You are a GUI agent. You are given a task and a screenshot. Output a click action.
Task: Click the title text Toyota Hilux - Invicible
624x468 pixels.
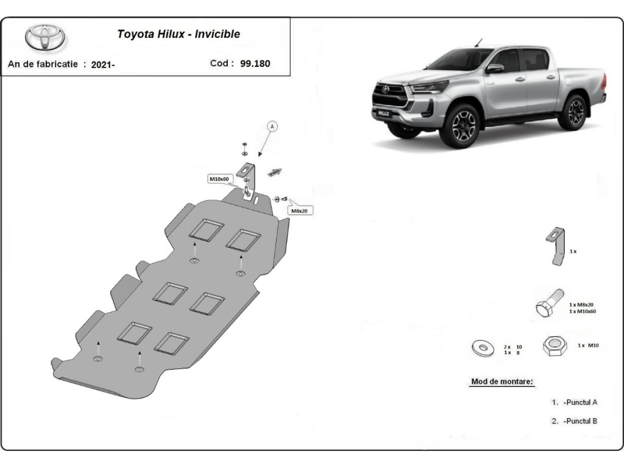tap(179, 34)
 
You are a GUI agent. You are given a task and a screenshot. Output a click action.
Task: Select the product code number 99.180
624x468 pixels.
tap(255, 63)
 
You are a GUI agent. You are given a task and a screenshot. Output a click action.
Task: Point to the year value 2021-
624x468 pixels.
tap(102, 65)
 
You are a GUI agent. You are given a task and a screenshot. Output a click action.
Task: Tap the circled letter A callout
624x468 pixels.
tap(272, 127)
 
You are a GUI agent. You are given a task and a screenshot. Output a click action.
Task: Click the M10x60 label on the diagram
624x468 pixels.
tap(219, 179)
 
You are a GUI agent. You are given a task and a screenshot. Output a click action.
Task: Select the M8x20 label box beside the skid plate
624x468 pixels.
tap(300, 210)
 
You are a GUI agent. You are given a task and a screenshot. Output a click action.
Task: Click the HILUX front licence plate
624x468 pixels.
tap(383, 113)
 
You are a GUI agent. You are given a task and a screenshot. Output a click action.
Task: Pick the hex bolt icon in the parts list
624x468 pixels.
tap(550, 302)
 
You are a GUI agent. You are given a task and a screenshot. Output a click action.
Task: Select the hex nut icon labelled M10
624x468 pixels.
tap(555, 346)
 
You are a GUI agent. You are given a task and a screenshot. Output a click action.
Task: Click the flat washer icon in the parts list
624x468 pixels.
tap(483, 348)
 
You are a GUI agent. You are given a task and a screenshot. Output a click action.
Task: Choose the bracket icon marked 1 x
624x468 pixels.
tap(556, 246)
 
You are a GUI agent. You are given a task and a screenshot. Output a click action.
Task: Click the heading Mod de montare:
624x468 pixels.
tap(502, 381)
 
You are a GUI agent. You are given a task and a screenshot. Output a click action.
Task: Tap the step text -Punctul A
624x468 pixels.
tap(581, 402)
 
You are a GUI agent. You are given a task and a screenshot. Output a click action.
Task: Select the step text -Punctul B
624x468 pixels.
tap(581, 421)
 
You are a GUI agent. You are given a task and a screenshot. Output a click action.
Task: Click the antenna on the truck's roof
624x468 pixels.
tap(478, 43)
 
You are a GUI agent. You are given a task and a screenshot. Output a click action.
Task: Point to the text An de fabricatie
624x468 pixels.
tap(43, 64)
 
